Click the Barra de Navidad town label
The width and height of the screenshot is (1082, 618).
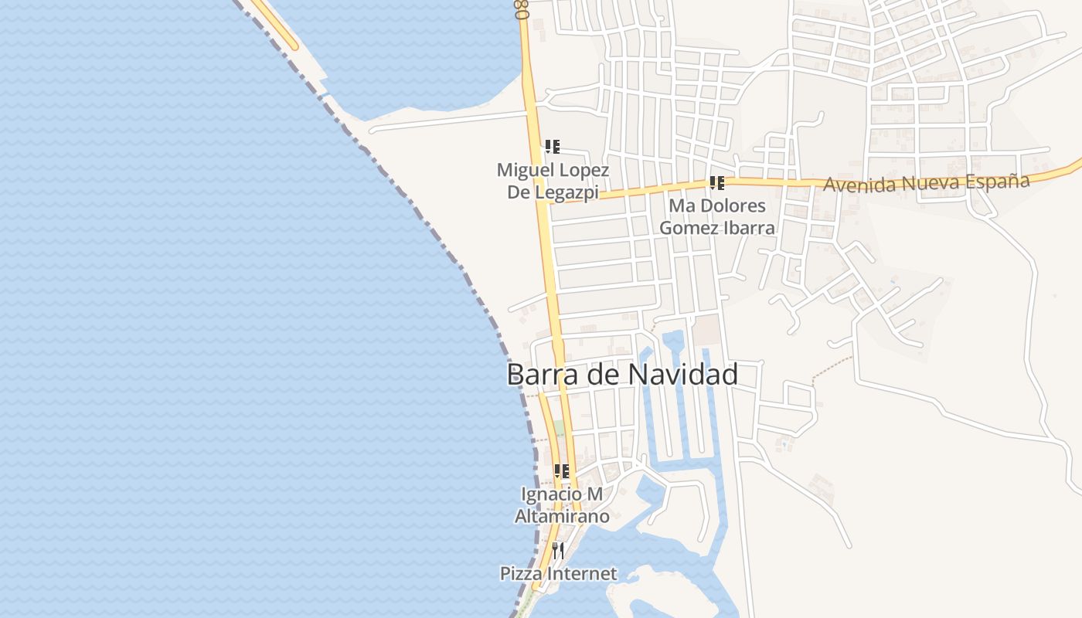(x=622, y=375)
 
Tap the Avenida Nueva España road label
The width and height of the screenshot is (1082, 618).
(x=926, y=183)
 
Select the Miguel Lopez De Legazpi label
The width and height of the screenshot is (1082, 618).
(x=553, y=181)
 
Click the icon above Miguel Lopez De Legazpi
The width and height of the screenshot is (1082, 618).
(x=552, y=146)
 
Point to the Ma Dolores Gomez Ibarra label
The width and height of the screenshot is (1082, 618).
(x=717, y=217)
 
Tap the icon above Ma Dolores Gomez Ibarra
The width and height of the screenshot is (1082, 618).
(x=716, y=183)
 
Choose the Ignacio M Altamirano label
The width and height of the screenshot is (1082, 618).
(x=562, y=505)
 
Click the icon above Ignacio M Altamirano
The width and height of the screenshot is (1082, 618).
(x=562, y=470)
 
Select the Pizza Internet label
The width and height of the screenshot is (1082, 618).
(x=558, y=574)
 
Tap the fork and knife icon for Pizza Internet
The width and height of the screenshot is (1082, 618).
(x=558, y=551)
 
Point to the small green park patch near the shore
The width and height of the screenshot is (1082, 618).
(x=559, y=428)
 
